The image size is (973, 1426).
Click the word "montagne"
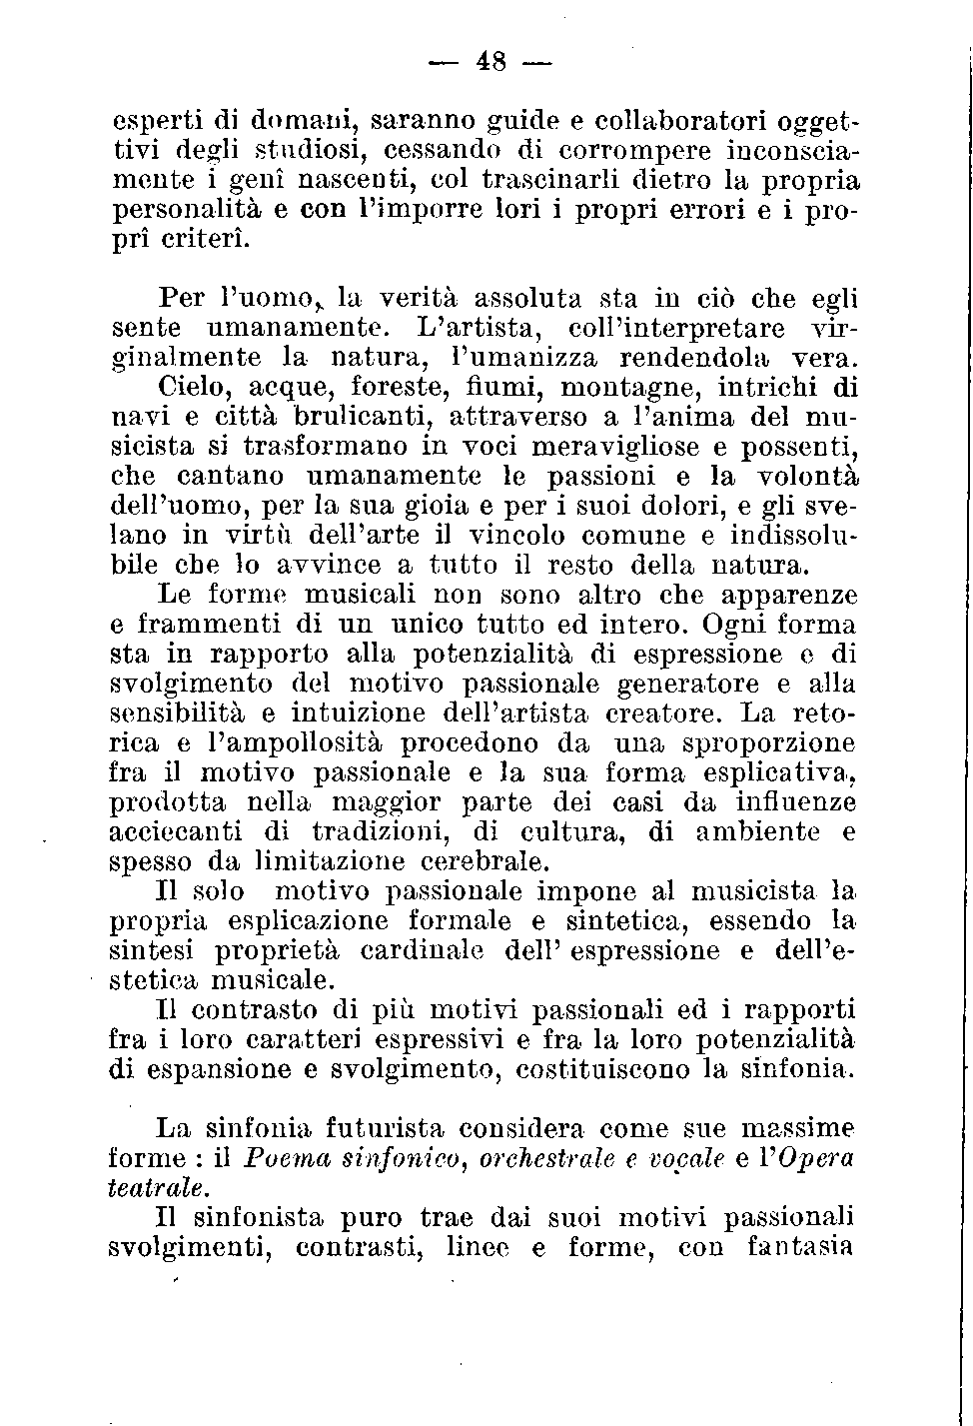pyautogui.click(x=613, y=387)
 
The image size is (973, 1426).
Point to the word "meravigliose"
pyautogui.click(x=569, y=446)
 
